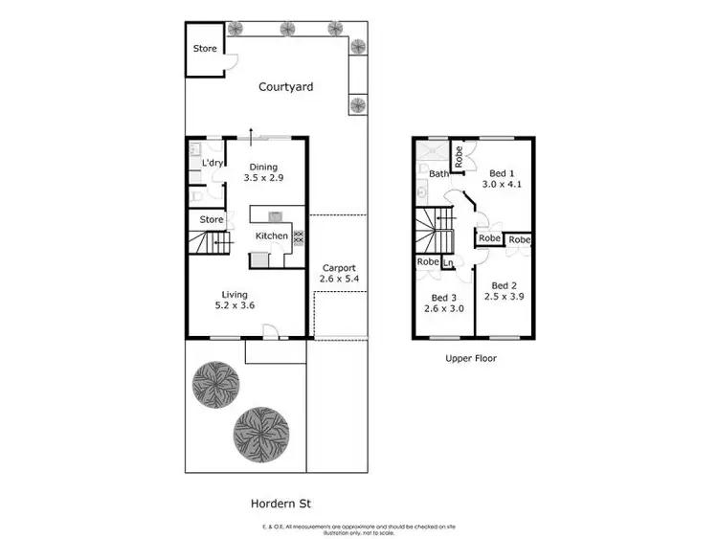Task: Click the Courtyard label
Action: point(285,87)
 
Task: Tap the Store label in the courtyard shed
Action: point(205,49)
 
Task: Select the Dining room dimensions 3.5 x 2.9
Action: point(263,178)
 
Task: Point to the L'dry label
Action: point(212,164)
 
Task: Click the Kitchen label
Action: point(271,236)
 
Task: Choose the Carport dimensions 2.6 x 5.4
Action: point(339,280)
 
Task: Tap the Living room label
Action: point(235,294)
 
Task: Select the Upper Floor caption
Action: point(471,359)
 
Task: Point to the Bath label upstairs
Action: point(438,174)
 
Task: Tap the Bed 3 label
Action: point(443,297)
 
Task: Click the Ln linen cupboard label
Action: point(447,262)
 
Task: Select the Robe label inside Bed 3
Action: point(427,261)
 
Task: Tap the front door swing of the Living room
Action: point(271,332)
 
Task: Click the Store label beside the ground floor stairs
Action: point(211,220)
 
